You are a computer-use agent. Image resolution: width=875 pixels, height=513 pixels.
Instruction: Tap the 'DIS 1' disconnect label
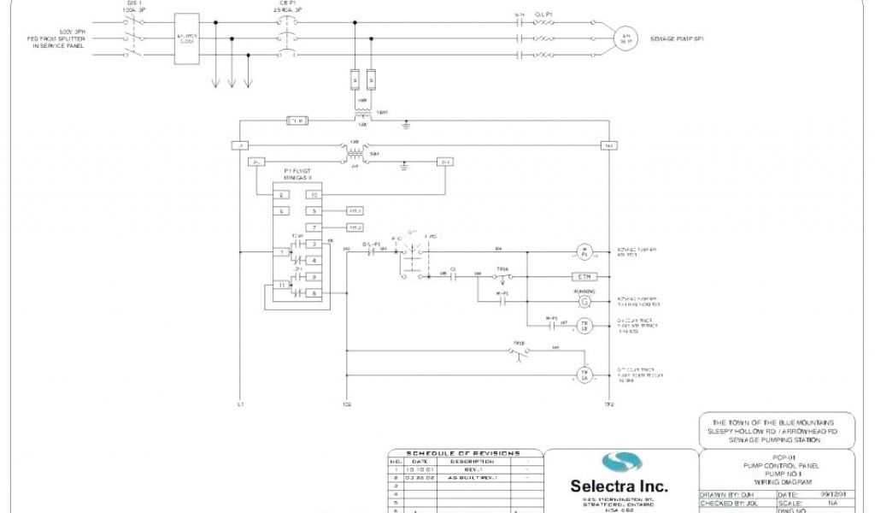pos(132,3)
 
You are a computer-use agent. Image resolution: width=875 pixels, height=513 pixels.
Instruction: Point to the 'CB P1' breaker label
pos(287,3)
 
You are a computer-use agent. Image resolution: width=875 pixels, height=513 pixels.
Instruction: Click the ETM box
pos(584,277)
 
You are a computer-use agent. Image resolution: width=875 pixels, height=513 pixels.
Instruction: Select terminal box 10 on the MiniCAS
pos(314,195)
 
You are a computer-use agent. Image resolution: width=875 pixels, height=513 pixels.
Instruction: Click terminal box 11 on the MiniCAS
pos(280,286)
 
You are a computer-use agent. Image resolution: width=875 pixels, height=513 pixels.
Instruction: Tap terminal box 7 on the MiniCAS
pos(314,227)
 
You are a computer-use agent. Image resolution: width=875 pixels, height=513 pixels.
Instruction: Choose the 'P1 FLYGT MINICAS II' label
pos(298,174)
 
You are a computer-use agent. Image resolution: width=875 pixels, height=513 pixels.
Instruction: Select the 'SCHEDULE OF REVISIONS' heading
pos(462,453)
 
